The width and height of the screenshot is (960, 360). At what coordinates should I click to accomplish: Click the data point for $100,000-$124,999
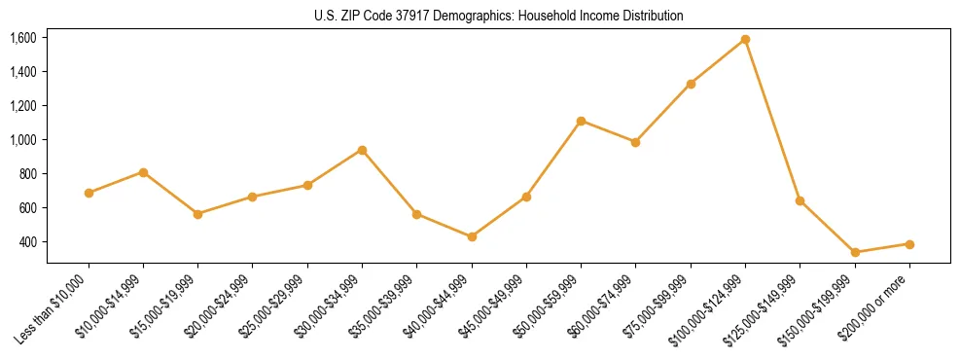[x=745, y=40]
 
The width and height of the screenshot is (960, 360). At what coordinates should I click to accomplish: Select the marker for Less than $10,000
[x=89, y=193]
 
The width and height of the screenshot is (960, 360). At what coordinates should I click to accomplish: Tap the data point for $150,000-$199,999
[x=855, y=252]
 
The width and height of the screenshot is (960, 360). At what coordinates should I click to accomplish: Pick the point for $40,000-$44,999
[x=472, y=236]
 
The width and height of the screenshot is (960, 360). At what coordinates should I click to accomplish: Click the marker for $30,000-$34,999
[x=362, y=150]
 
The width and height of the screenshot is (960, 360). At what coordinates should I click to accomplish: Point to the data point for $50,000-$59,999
[x=581, y=121]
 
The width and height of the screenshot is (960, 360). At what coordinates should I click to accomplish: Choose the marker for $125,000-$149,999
[x=800, y=200]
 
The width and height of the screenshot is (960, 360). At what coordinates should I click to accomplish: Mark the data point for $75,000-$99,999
[x=691, y=84]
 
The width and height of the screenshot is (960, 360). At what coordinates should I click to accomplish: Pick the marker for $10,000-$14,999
[x=143, y=172]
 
